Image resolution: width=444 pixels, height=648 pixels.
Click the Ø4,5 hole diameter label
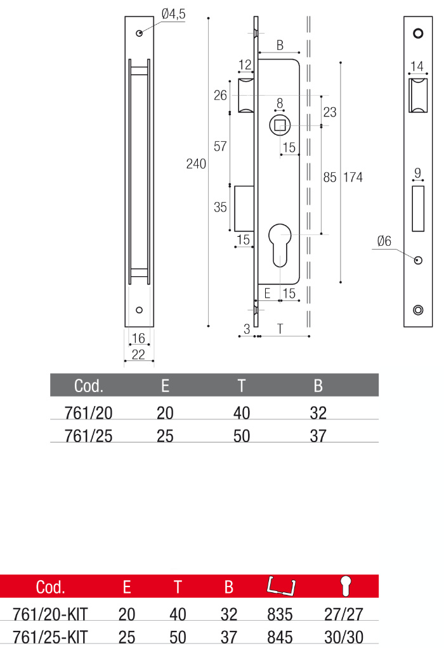[x=173, y=14]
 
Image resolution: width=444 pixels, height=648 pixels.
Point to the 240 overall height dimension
[x=196, y=164]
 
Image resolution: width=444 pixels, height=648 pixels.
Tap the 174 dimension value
[x=353, y=177]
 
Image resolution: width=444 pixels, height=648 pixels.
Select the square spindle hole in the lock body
[x=280, y=125]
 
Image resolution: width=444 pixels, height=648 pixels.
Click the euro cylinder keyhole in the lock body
[x=280, y=245]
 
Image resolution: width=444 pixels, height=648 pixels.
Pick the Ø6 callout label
[x=384, y=241]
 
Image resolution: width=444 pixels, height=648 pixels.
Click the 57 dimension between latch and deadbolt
[x=220, y=146]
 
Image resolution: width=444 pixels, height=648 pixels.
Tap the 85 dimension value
[x=330, y=177]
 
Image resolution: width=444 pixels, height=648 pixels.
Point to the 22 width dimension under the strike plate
[x=138, y=354]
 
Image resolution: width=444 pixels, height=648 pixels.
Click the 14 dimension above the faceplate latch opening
[x=417, y=66]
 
